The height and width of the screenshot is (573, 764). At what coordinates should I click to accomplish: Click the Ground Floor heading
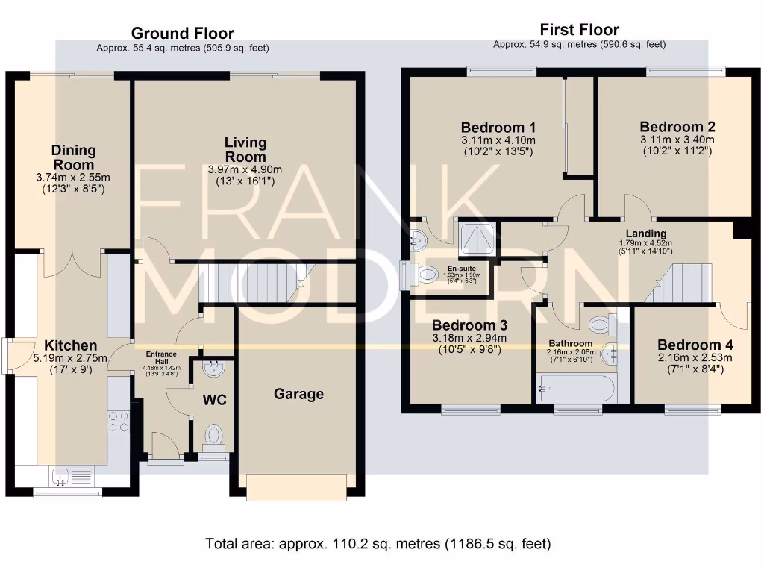coord(183,33)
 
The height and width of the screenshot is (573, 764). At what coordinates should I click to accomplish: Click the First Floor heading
coord(579,30)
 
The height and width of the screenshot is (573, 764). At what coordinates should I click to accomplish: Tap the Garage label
coord(298,394)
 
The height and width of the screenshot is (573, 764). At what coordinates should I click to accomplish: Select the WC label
coord(214,400)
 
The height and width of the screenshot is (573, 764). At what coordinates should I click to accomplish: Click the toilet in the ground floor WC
coord(213,436)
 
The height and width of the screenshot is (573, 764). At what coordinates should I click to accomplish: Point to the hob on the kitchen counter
coord(119,422)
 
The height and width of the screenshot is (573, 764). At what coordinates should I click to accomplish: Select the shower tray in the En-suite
coord(477,239)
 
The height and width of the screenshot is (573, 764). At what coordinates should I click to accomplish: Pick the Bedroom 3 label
coord(470,325)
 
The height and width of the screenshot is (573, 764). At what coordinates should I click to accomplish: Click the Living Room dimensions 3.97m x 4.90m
coord(245,169)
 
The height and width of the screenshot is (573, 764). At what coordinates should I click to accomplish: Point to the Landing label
coord(646,234)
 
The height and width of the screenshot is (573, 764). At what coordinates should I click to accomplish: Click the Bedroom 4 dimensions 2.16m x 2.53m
coord(695,357)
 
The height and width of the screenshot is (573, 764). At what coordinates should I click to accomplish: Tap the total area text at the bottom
coord(378,543)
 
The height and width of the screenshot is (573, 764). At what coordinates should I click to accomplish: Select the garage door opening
coord(297,487)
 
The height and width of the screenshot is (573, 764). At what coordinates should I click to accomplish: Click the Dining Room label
coord(74,157)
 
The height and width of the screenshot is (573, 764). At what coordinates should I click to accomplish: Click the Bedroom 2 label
coord(677,127)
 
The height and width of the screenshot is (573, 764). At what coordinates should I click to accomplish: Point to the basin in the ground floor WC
coord(213,369)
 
